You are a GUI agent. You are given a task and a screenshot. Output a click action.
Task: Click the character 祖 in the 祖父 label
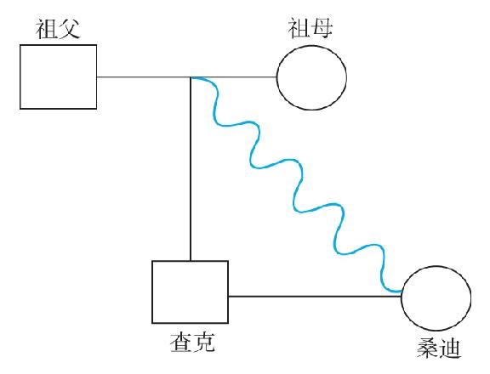(46, 29)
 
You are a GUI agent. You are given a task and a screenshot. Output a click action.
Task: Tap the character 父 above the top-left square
(69, 29)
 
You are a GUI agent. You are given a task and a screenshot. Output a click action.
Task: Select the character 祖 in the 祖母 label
(299, 28)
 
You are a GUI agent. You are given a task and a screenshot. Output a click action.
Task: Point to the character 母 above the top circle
(322, 28)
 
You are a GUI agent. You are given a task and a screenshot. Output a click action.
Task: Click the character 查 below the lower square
(181, 342)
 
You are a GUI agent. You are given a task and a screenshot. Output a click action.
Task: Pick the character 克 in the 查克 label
(204, 342)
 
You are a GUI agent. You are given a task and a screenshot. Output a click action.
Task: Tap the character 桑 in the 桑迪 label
(428, 348)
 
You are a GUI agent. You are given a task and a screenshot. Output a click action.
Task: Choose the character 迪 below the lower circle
(450, 348)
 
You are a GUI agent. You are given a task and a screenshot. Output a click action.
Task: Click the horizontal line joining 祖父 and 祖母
(186, 76)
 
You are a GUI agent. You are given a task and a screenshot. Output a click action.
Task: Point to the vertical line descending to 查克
(191, 168)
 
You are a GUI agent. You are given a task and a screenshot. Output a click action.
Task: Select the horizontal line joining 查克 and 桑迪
(315, 297)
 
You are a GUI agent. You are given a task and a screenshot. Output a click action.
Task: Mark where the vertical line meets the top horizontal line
(191, 77)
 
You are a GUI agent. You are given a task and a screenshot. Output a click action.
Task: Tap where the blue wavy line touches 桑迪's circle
(402, 292)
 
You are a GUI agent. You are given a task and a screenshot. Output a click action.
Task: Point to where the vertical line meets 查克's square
(191, 261)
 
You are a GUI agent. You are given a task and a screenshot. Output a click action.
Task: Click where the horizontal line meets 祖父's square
(97, 76)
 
